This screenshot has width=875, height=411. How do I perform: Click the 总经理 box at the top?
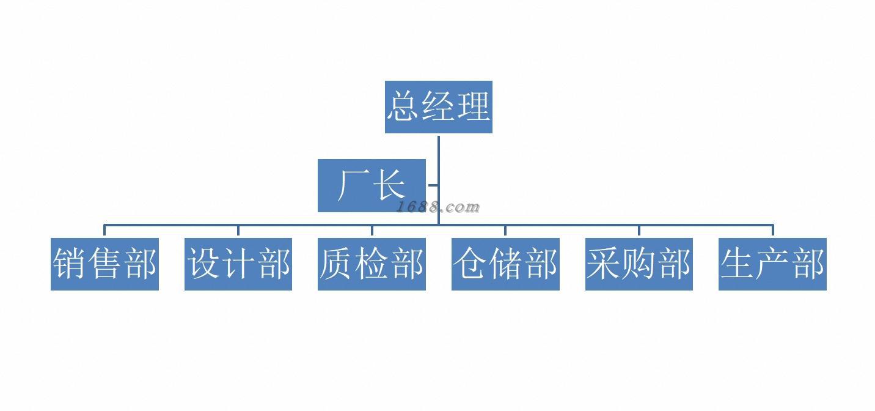point(438,107)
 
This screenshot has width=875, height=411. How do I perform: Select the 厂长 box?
point(372,185)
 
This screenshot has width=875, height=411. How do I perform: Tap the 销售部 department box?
point(104,264)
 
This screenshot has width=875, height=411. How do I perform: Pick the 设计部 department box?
point(238,264)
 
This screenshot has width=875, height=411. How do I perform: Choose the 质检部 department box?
point(372,264)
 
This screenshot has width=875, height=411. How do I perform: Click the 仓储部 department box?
point(505,264)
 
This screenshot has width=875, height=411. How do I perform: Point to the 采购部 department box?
point(639,264)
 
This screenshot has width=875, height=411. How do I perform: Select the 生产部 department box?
point(772,264)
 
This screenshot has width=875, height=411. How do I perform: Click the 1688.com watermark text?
point(438,207)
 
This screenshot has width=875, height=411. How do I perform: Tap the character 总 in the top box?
point(403,106)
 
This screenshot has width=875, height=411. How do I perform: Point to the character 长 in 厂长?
point(389,185)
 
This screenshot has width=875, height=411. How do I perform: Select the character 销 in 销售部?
point(70,264)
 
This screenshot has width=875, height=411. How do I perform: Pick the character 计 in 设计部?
point(238,264)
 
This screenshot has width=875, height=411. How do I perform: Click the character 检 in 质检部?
point(372,264)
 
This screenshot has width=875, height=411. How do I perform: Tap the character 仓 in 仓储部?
point(470,264)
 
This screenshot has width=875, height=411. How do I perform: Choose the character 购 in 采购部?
point(639,264)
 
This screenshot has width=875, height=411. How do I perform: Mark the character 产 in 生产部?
point(772,264)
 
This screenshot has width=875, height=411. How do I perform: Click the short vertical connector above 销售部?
point(104,231)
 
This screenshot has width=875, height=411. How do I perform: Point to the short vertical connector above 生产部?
point(772,231)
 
